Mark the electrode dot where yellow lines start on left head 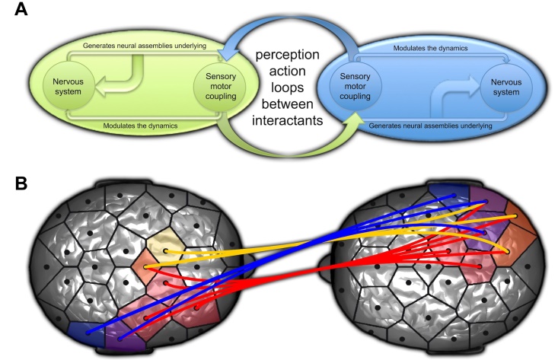coord(165,251)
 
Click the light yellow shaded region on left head coord(163,245)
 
